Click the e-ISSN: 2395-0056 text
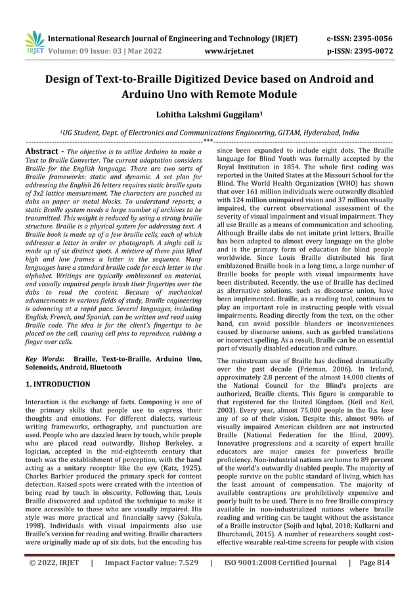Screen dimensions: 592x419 (359, 38)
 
